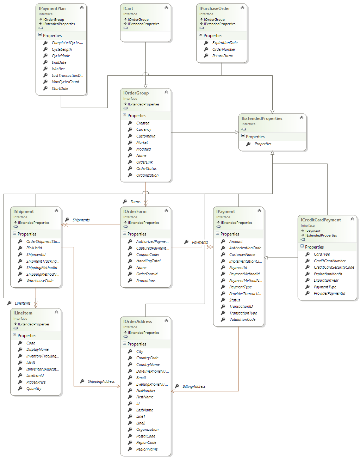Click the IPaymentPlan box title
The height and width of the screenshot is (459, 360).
[x=52, y=8]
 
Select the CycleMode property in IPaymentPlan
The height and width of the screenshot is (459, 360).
[x=61, y=56]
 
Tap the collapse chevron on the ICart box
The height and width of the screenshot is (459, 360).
[x=166, y=8]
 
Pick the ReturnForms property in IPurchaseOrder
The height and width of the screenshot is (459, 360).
[x=223, y=56]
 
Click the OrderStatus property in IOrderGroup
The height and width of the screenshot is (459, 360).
[x=147, y=169]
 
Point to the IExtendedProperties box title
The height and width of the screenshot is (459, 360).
[x=262, y=118]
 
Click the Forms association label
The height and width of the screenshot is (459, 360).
[x=135, y=202]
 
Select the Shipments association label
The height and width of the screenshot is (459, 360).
[x=81, y=220]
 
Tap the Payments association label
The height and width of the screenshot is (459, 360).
[x=200, y=242]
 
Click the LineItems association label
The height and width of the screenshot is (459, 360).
[x=23, y=303]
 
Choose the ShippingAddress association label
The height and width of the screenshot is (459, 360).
[x=101, y=381]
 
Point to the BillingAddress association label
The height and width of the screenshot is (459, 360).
[x=194, y=386]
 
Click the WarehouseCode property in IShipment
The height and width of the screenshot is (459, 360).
[x=40, y=281]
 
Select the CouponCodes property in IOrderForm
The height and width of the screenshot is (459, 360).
[x=148, y=255]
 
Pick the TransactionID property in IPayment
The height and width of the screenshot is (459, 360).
[x=241, y=306]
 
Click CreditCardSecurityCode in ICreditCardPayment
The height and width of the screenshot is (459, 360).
[x=334, y=267]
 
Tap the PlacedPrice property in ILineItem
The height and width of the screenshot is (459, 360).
[x=36, y=382]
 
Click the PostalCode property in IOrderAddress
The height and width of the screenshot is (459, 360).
[x=145, y=436]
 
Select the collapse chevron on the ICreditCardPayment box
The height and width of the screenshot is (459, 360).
[x=352, y=219]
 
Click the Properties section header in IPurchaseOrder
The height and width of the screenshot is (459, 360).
[x=213, y=36]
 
